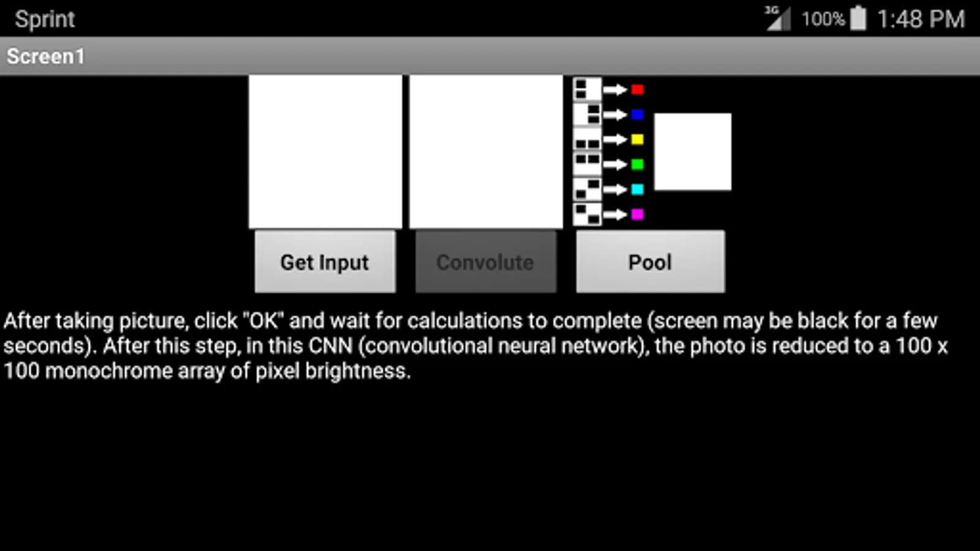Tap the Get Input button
click(325, 261)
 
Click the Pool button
click(650, 261)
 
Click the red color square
click(638, 89)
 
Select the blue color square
click(638, 114)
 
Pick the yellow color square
click(638, 140)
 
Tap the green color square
click(638, 165)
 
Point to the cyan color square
click(638, 189)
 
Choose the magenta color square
click(638, 214)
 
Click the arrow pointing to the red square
click(615, 89)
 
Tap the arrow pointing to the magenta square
click(615, 214)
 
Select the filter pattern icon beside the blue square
click(587, 114)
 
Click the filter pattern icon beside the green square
click(587, 165)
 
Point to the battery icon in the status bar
click(858, 18)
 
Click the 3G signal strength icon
click(778, 18)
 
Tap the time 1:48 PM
click(921, 19)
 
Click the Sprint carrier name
click(45, 20)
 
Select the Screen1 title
click(45, 56)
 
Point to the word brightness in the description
click(358, 371)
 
